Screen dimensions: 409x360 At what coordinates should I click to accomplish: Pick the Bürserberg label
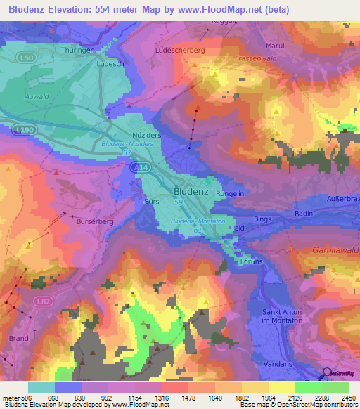(x=92, y=221)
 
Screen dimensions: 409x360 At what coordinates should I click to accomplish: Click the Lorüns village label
(x=250, y=261)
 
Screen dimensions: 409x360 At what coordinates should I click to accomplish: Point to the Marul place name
(x=273, y=46)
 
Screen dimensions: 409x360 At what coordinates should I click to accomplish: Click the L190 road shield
(x=24, y=129)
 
